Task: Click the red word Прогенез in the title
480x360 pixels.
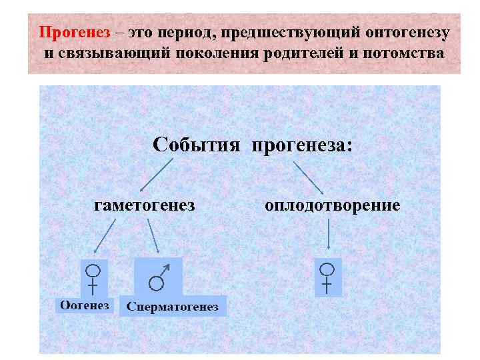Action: [67, 32]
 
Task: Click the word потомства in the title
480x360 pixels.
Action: [403, 52]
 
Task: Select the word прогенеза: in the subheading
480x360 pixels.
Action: [300, 144]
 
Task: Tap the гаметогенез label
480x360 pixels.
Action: [145, 204]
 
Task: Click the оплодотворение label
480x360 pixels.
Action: [333, 204]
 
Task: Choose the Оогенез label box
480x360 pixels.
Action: [85, 305]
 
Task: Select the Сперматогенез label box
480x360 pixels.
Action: [173, 306]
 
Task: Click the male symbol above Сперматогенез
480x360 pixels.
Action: [159, 277]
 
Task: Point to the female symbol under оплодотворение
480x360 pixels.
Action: [327, 277]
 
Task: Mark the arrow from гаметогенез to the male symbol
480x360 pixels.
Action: [153, 235]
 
